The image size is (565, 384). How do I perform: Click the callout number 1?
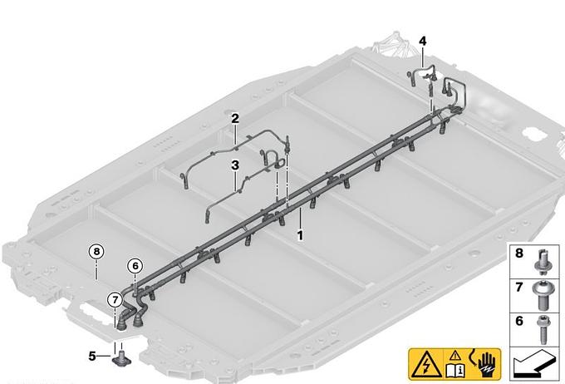[300, 236]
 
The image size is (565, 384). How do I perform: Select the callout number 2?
[235, 118]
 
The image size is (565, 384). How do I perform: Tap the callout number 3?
[235, 165]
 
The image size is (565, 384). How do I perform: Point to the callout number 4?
[423, 42]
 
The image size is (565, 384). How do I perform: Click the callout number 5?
[92, 357]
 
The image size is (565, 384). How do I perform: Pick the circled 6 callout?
[135, 266]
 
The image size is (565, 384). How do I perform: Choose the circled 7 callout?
[115, 299]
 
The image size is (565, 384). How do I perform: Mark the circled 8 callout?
[96, 251]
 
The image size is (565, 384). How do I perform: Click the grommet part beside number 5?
[121, 357]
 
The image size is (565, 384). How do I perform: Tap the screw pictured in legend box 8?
[541, 261]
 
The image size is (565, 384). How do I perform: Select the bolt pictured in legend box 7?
[541, 296]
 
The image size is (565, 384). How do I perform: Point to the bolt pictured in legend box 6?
[542, 329]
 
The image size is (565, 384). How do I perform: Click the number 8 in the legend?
[518, 254]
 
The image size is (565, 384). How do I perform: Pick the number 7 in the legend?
[518, 287]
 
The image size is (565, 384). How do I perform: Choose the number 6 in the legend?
[518, 321]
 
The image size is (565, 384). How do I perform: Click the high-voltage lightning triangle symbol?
[426, 365]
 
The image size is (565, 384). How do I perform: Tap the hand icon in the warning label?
[486, 365]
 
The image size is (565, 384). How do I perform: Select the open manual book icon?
[455, 371]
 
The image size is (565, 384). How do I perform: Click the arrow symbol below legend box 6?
[534, 363]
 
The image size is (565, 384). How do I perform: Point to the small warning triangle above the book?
[455, 357]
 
